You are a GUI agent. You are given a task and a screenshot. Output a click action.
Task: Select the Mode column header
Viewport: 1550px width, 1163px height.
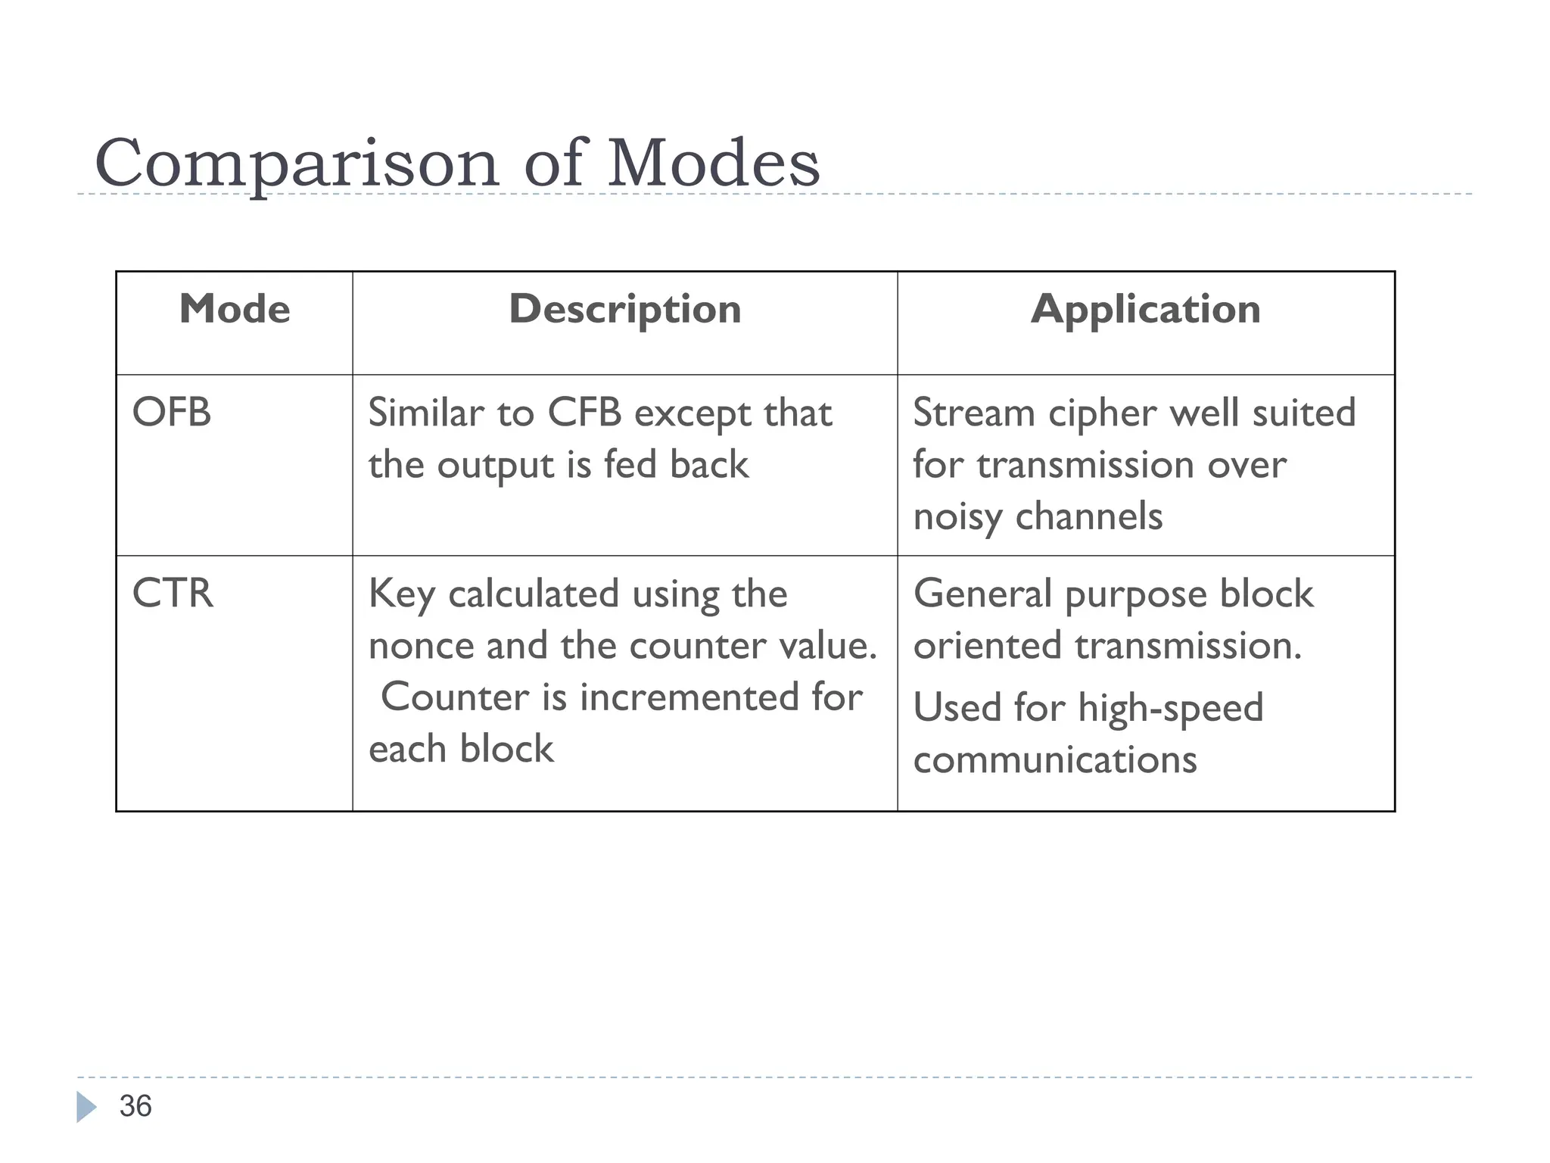tap(235, 309)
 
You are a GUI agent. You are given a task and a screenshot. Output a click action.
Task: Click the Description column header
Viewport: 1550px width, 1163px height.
tap(624, 309)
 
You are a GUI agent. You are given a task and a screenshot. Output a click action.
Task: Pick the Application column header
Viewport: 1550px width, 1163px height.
tap(1145, 309)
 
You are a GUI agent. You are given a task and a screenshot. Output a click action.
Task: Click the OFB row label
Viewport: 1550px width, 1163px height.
tap(172, 413)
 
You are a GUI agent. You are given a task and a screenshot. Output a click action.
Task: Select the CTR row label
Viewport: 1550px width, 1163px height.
tap(173, 593)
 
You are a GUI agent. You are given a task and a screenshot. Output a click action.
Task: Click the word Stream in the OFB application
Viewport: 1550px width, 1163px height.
tap(973, 413)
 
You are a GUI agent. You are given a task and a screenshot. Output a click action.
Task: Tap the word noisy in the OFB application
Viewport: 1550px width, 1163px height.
tap(957, 517)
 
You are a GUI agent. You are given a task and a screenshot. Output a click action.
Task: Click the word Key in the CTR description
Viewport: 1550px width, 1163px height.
tap(401, 594)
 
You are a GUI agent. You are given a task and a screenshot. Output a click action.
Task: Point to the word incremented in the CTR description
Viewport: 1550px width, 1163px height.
tap(689, 697)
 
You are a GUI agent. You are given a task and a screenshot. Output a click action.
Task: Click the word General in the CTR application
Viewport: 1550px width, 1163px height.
tap(982, 594)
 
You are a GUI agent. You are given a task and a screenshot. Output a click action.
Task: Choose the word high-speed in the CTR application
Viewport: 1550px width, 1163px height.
tap(1170, 709)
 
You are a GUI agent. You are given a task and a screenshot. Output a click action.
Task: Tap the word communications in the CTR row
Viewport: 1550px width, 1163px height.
tap(1055, 760)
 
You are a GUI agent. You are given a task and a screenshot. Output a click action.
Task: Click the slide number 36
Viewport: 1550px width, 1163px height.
tap(135, 1106)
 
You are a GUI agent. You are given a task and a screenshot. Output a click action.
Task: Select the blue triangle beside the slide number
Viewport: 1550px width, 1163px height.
tap(86, 1107)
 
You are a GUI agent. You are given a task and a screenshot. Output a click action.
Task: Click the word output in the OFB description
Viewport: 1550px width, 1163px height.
tap(496, 465)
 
